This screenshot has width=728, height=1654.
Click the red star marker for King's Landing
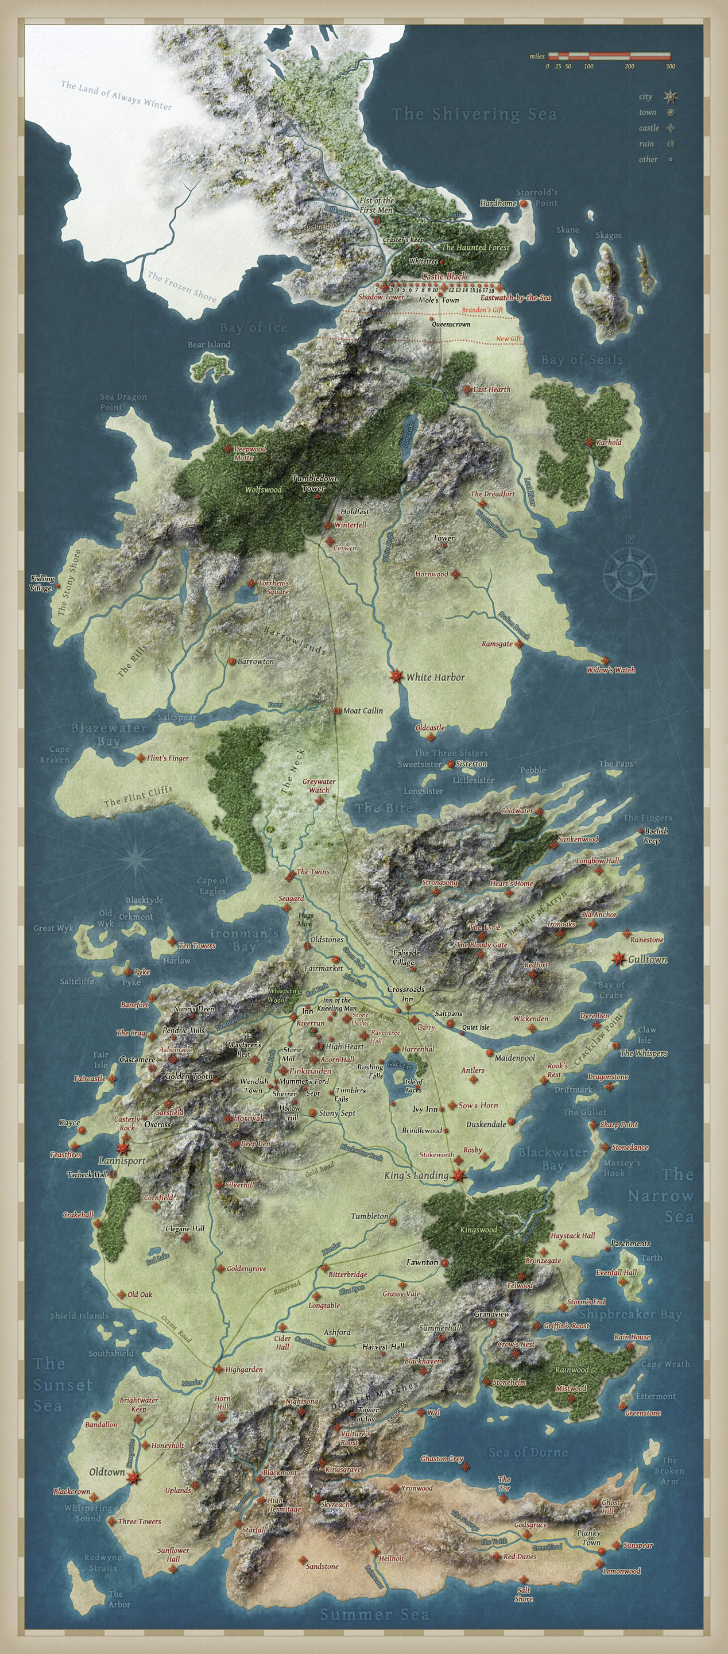pos(458,1176)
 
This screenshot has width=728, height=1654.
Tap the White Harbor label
pos(435,677)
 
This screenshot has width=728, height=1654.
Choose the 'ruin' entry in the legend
pos(646,144)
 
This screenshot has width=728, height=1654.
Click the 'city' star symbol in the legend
pos(671,97)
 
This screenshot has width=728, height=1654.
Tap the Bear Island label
pos(208,344)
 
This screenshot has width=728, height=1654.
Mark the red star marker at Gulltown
pos(618,959)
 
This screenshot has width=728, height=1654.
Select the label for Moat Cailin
pos(363,711)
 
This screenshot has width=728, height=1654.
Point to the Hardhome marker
pos(523,203)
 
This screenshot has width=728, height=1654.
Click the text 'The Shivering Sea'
pos(474,114)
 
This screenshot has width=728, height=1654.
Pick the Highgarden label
pos(244,1370)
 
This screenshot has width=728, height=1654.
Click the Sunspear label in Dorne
pos(637,1545)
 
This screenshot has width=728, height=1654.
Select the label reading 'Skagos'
pos(608,235)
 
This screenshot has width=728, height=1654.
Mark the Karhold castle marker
pos(588,442)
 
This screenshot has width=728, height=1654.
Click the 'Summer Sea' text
pos(374,1614)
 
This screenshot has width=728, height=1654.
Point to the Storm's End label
pos(586,1301)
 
